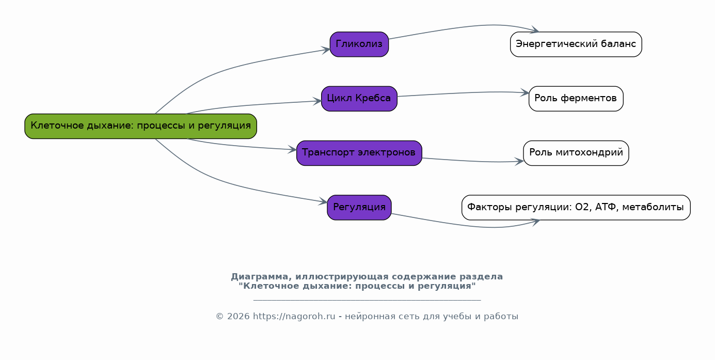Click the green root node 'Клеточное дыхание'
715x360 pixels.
pyautogui.click(x=140, y=126)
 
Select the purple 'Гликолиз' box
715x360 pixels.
pyautogui.click(x=359, y=44)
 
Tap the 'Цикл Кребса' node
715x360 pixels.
pyautogui.click(x=359, y=99)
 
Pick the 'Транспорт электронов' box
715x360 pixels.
pyautogui.click(x=359, y=153)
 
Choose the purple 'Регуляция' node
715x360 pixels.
pyautogui.click(x=359, y=208)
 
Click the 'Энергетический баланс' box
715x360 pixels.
pyautogui.click(x=576, y=44)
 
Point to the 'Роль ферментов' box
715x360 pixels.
pyautogui.click(x=576, y=99)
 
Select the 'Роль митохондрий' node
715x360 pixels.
pyautogui.click(x=576, y=153)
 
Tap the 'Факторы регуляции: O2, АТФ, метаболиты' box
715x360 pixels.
pyautogui.click(x=576, y=208)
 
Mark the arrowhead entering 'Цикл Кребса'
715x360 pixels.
pyautogui.click(x=317, y=101)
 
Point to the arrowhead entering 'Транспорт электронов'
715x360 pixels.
pyautogui.click(x=293, y=150)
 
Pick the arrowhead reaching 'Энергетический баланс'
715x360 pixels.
pyautogui.click(x=535, y=30)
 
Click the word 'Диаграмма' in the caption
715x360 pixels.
pyautogui.click(x=253, y=277)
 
